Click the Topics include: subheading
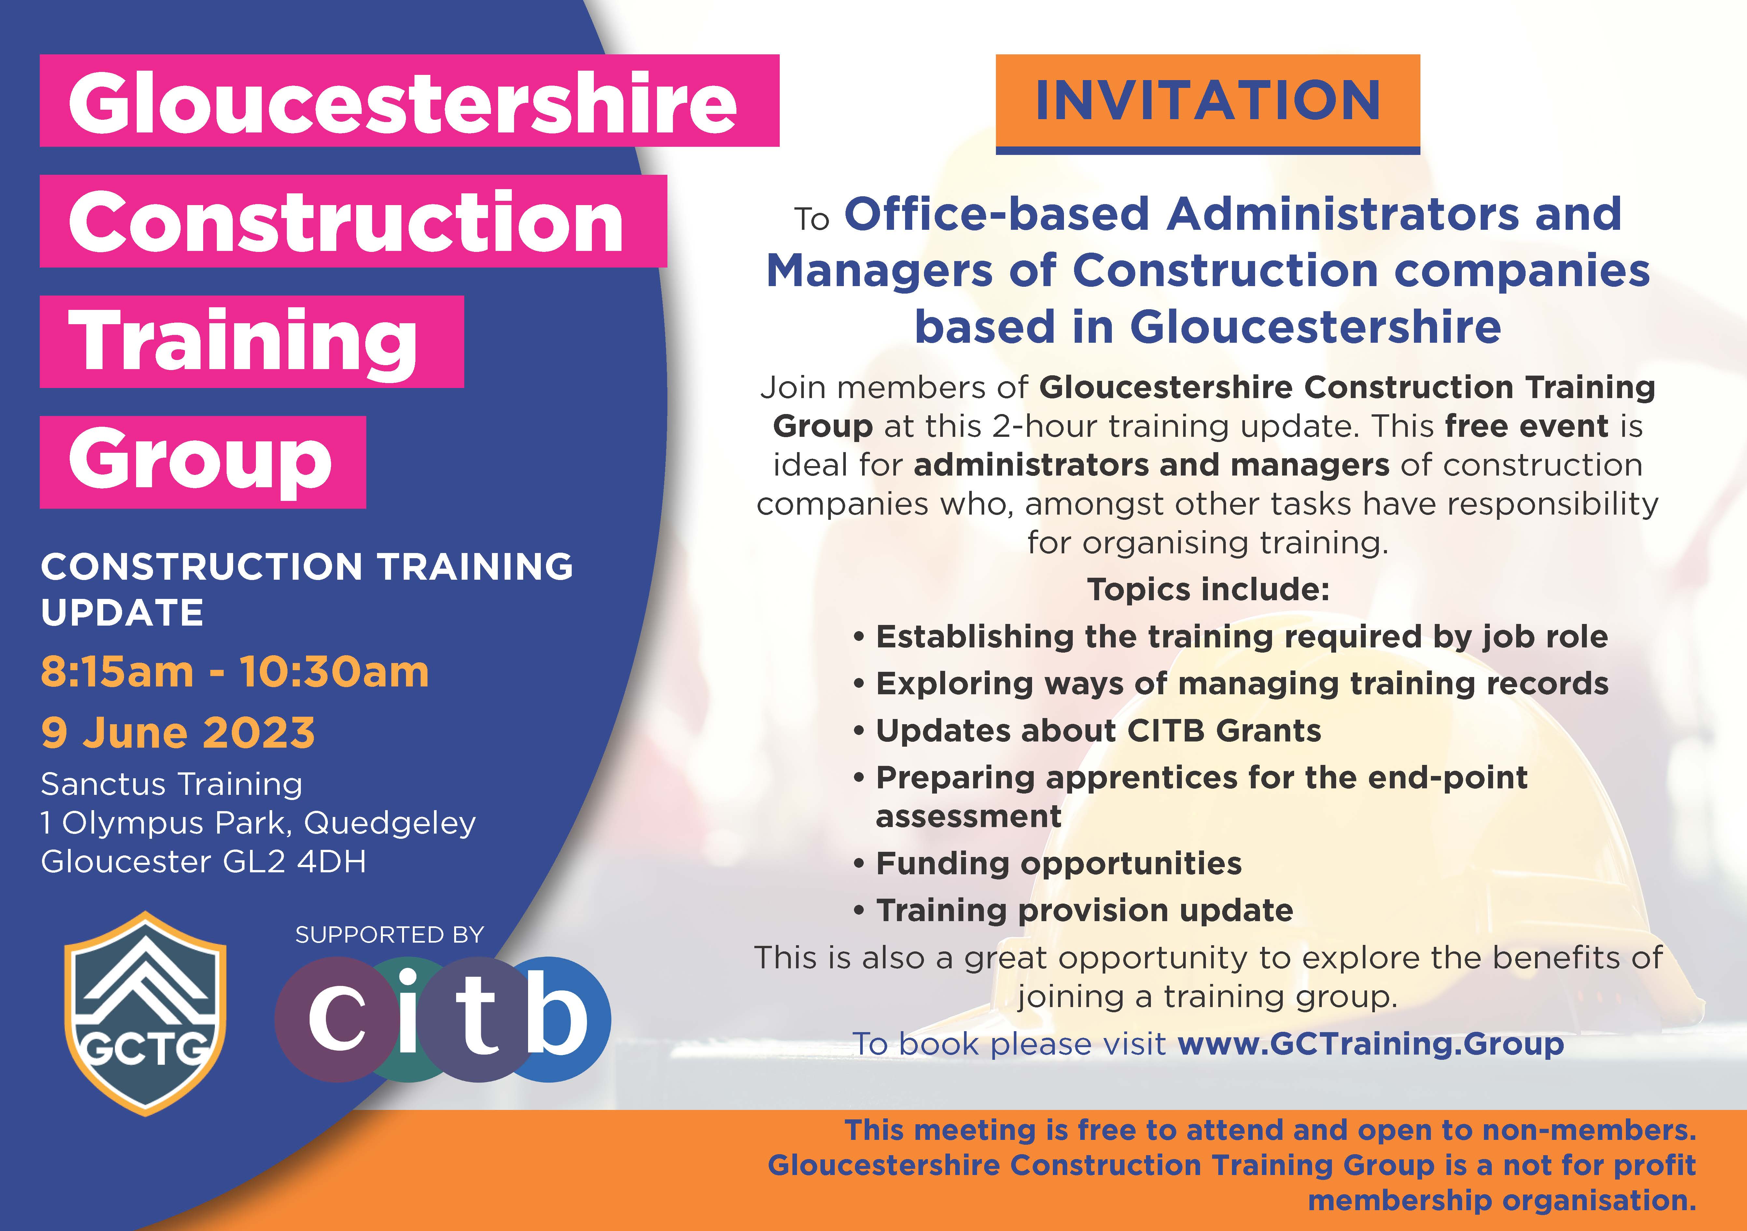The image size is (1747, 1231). pyautogui.click(x=1208, y=590)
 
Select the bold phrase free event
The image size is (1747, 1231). pyautogui.click(x=1526, y=426)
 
